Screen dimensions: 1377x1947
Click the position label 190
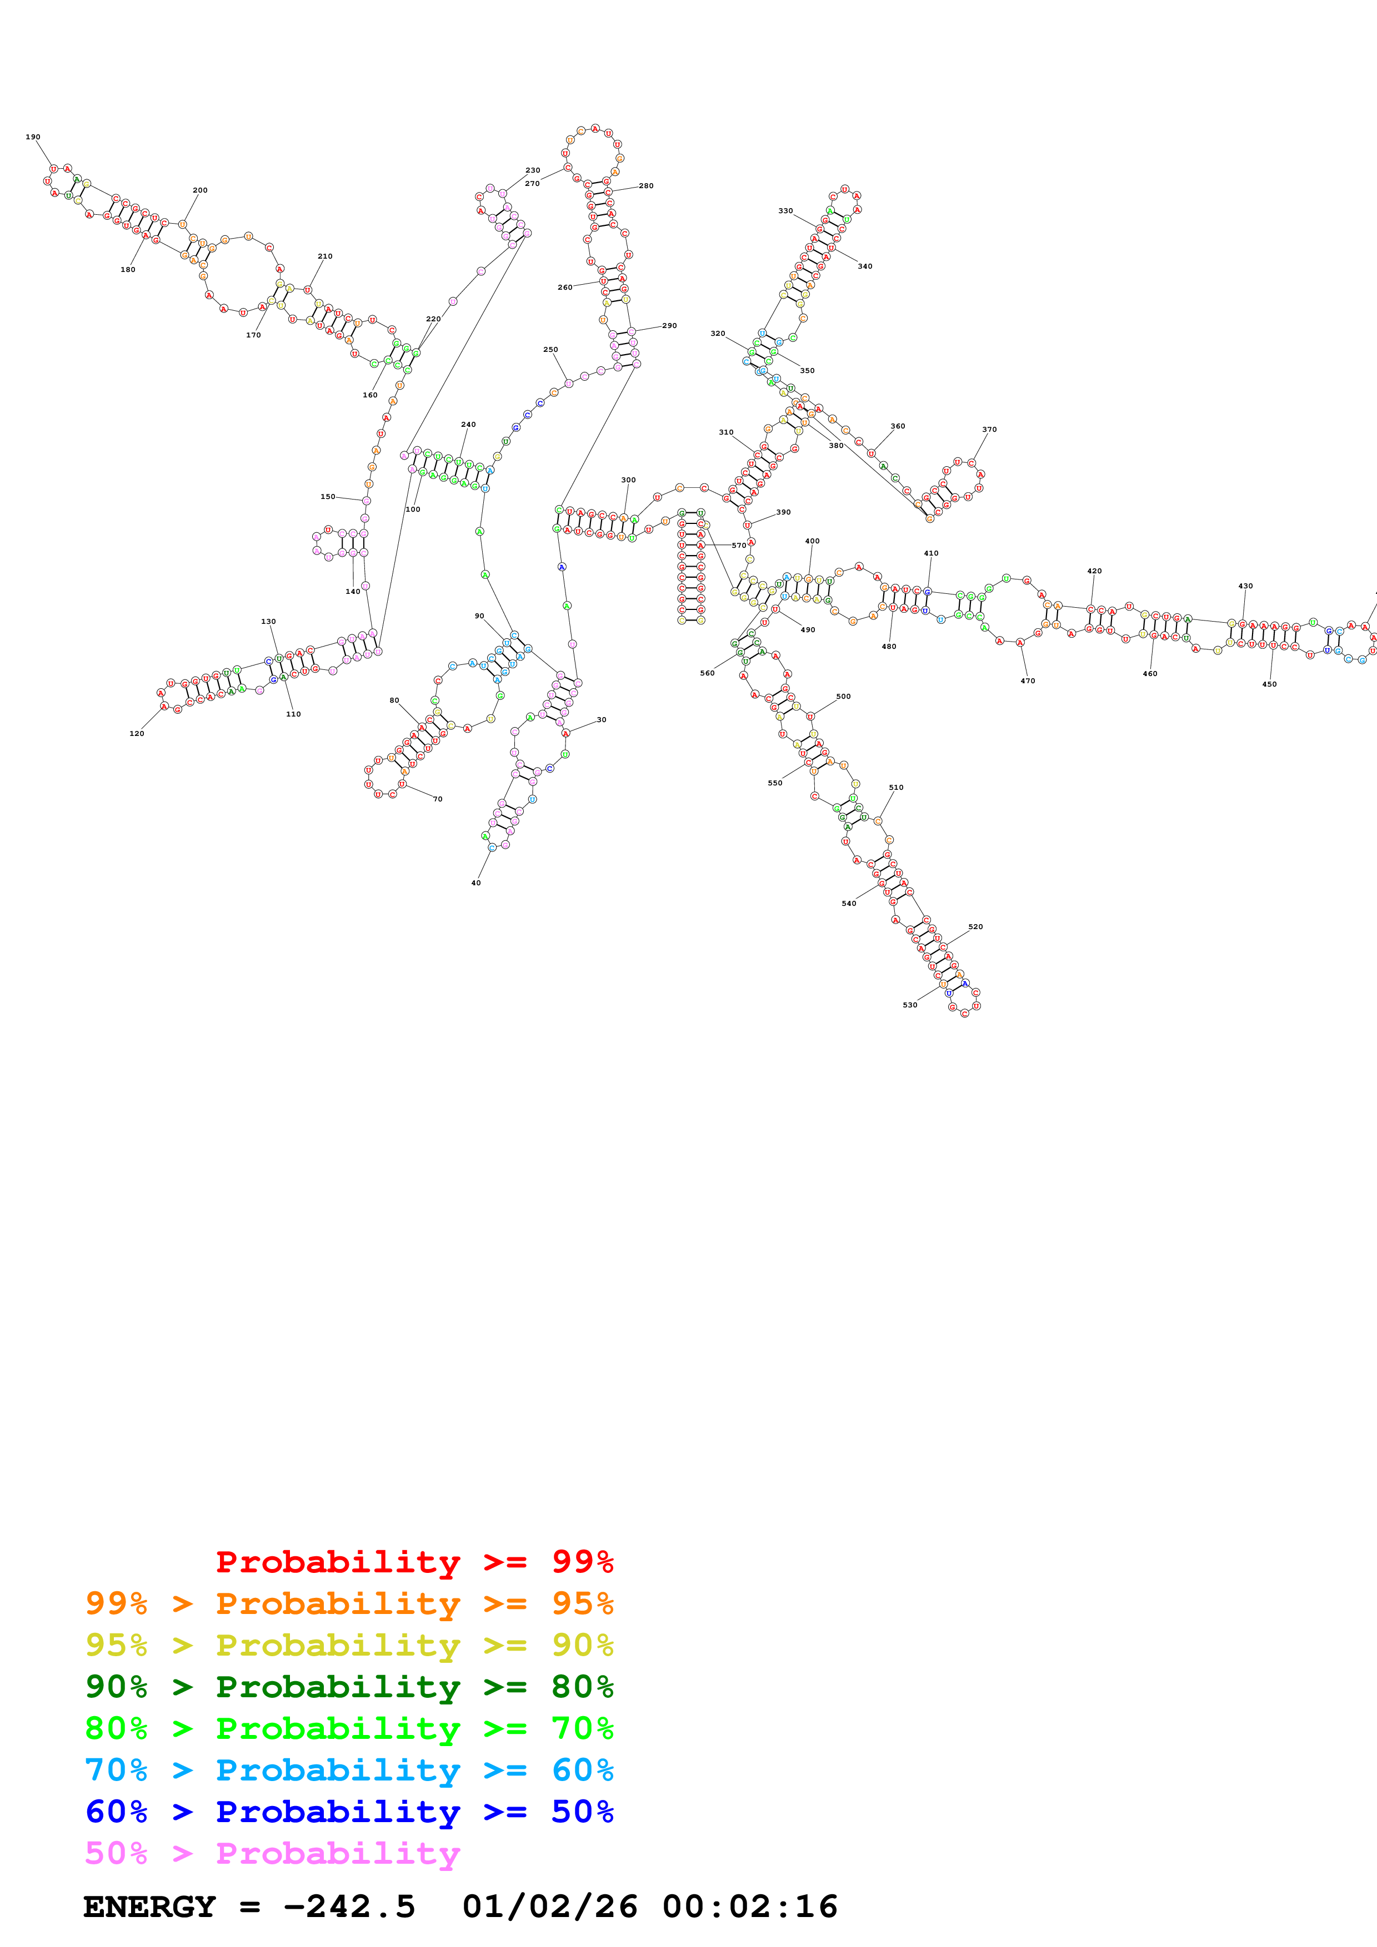click(x=33, y=137)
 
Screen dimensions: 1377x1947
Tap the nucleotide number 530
click(x=909, y=1005)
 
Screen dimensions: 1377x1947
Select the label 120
click(x=137, y=734)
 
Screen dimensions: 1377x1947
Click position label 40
click(x=476, y=883)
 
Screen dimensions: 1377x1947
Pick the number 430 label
click(x=1245, y=586)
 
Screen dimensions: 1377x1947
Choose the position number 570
click(x=739, y=545)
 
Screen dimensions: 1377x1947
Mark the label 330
click(x=785, y=210)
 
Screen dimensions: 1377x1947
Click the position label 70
click(x=438, y=799)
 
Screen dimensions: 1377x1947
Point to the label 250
click(x=550, y=349)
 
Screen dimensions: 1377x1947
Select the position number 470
click(x=1028, y=681)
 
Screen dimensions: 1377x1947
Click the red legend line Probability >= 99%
click(x=414, y=1562)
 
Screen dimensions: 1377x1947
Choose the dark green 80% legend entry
click(x=349, y=1687)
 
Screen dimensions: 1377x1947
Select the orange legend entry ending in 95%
click(x=349, y=1603)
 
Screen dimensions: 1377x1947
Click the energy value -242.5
click(x=349, y=1906)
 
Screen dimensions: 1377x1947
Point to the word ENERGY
click(x=149, y=1906)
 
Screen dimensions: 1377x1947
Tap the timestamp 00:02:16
click(x=750, y=1906)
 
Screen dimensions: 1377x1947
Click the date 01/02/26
click(x=550, y=1906)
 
